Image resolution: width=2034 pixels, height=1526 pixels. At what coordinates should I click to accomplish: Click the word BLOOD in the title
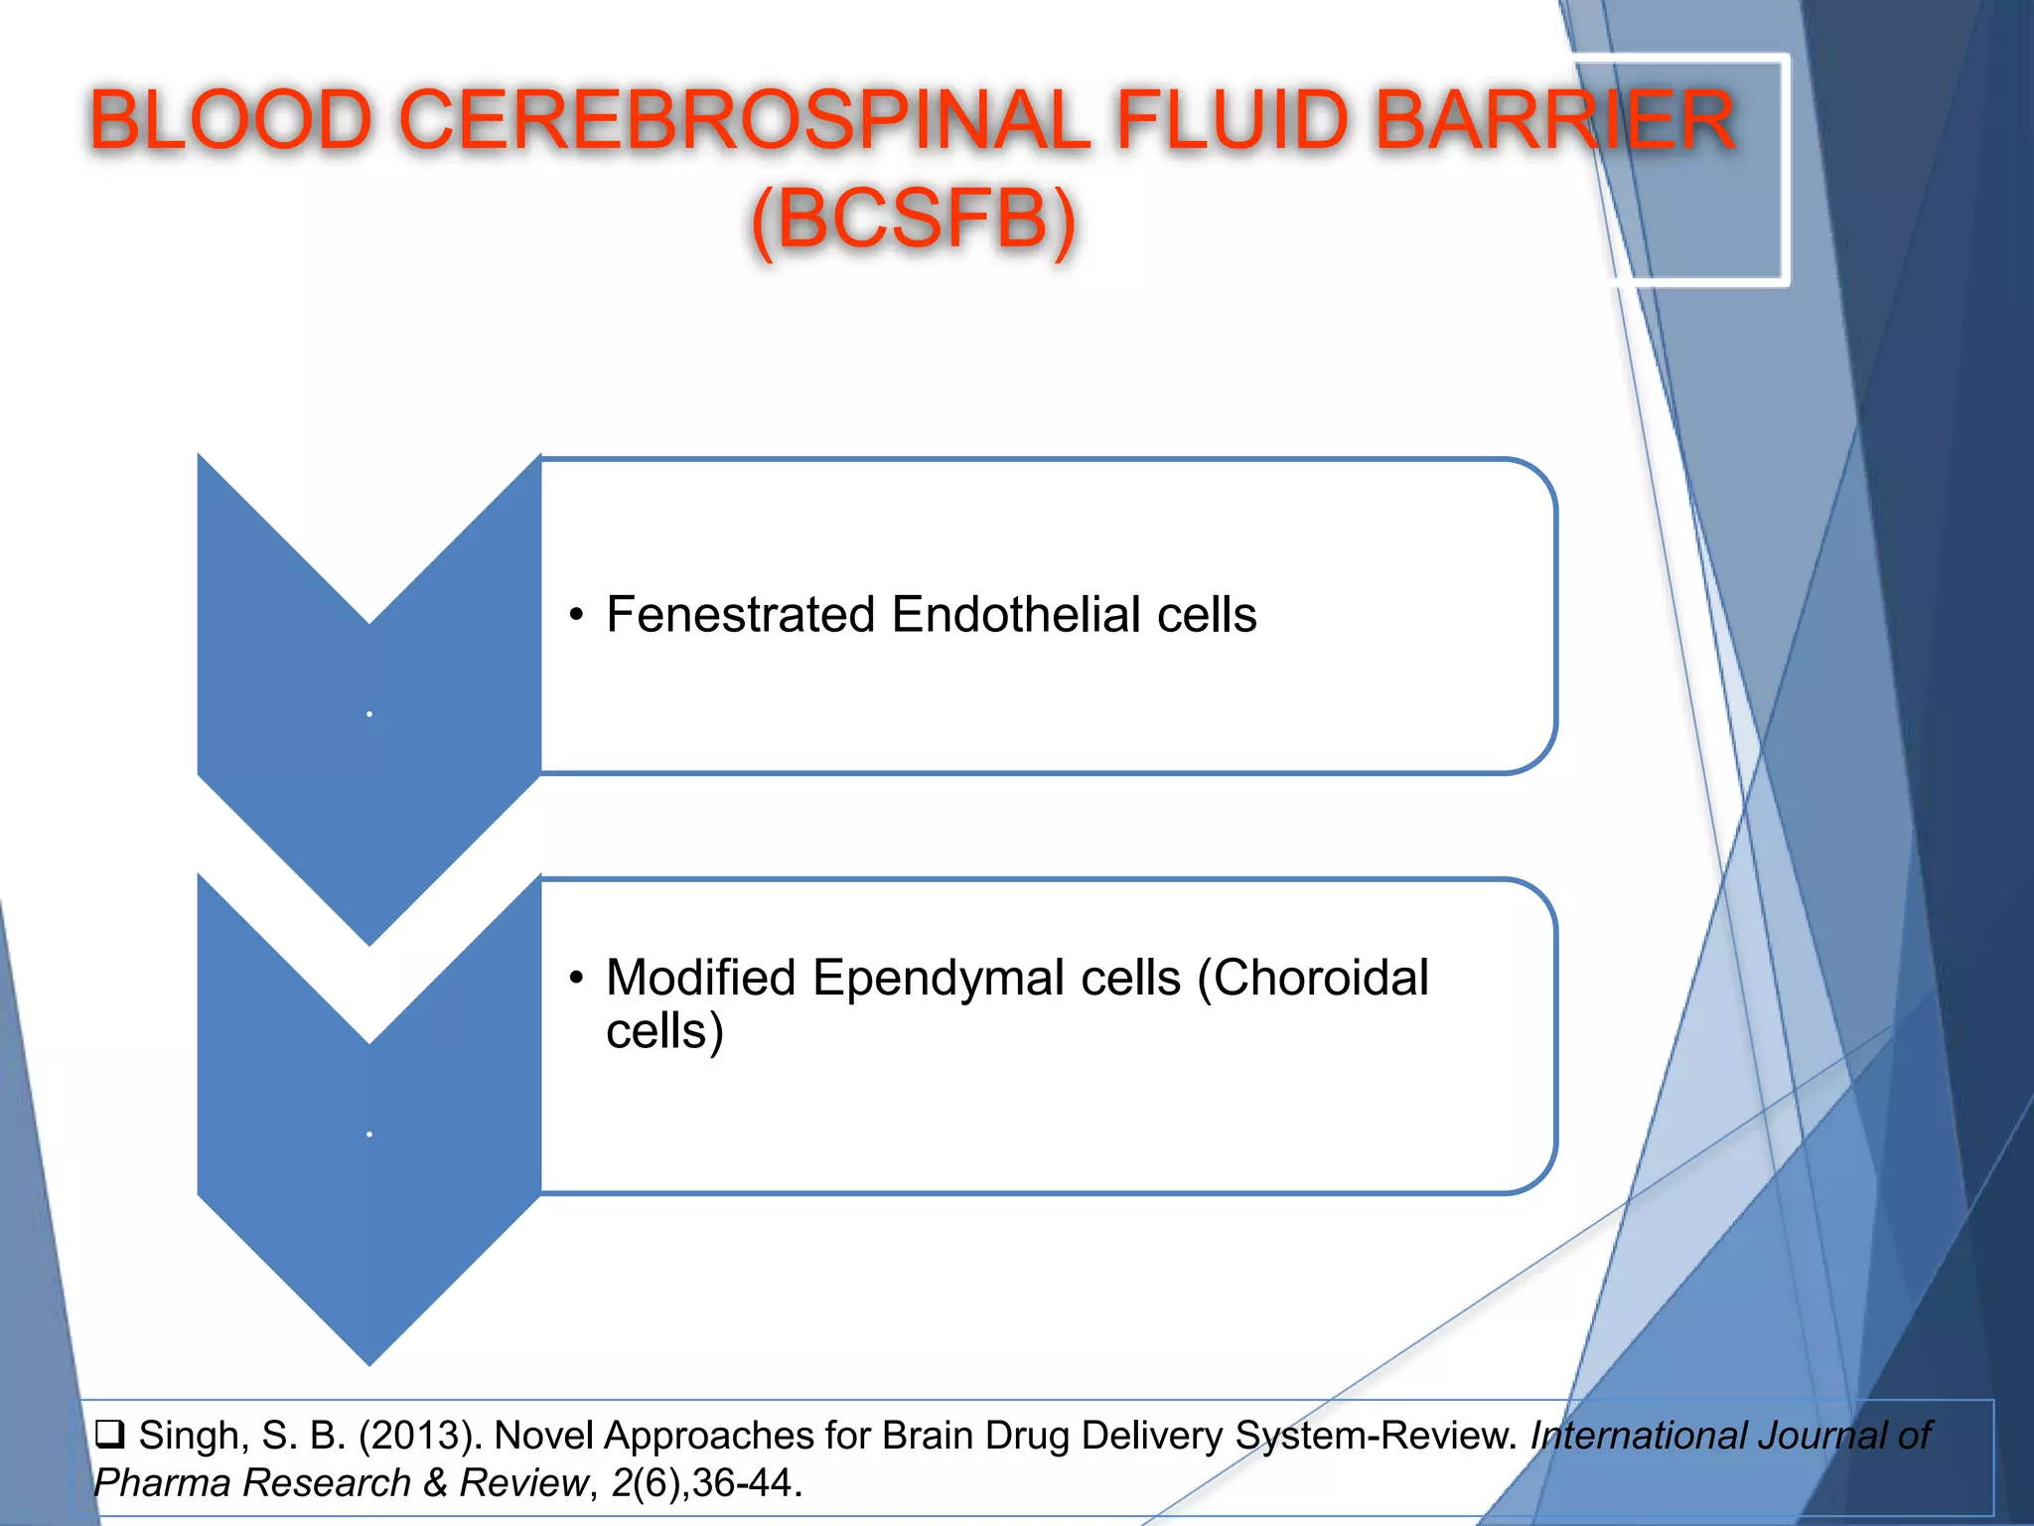click(230, 121)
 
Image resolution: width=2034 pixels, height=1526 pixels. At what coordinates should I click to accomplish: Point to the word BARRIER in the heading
click(1555, 121)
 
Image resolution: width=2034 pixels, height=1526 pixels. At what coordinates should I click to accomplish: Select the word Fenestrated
click(741, 615)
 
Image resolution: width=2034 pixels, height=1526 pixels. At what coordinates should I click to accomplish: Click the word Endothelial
click(1016, 615)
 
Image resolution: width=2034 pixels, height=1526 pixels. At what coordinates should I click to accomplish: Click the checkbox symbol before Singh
click(109, 1435)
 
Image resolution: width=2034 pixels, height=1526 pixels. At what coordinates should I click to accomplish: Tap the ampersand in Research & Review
click(435, 1483)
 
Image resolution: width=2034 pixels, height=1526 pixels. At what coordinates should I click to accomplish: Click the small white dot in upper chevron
click(369, 714)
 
